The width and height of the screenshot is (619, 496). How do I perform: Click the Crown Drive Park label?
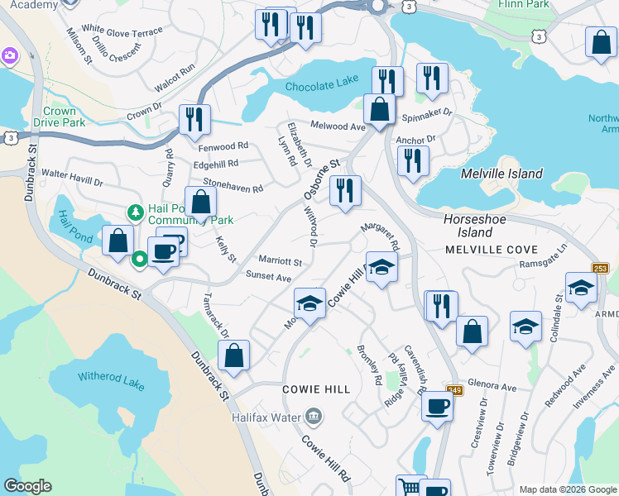tap(59, 117)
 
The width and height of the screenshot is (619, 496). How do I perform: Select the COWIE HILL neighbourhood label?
tap(315, 389)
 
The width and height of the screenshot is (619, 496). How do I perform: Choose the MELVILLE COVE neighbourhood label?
tap(492, 249)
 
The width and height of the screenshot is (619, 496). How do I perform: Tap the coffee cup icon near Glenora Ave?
tap(437, 405)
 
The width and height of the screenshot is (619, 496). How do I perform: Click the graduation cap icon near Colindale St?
tap(581, 287)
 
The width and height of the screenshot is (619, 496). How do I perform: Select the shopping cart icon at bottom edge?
tap(408, 488)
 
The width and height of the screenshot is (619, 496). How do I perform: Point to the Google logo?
tap(27, 486)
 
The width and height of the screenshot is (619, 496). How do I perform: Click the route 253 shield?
tap(602, 269)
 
